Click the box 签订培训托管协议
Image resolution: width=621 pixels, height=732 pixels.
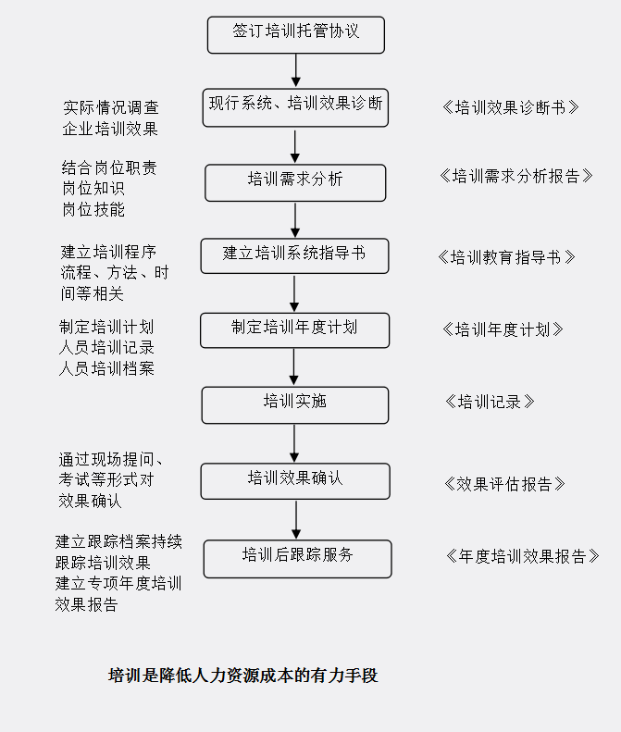tap(296, 35)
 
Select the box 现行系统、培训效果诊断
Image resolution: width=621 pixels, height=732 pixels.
tap(295, 108)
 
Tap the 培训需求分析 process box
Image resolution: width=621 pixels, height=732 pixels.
tap(295, 183)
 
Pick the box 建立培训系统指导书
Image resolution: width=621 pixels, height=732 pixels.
tap(294, 256)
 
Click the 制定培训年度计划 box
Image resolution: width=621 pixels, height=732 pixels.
tap(294, 330)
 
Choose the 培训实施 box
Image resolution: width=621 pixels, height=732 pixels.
tap(295, 405)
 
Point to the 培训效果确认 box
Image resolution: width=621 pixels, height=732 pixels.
tap(295, 481)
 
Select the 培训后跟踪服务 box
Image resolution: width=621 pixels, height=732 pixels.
tap(297, 559)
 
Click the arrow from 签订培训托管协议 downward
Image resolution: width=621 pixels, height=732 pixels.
tap(295, 70)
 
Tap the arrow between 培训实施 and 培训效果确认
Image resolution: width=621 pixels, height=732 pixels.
tap(294, 443)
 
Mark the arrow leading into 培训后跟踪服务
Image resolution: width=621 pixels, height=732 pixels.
tap(296, 519)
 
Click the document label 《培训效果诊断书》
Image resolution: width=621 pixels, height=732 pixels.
tap(510, 107)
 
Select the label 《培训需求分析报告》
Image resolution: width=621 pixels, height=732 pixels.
tap(515, 176)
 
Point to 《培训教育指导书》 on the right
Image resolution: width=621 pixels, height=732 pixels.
tap(506, 257)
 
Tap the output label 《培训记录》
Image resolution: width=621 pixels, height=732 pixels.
tap(490, 402)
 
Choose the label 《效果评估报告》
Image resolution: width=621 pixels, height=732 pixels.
tap(504, 484)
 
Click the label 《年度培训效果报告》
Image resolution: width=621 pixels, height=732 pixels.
tap(523, 556)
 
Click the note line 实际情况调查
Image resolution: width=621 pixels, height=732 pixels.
tap(111, 108)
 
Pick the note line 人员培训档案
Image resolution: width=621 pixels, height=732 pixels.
tap(106, 369)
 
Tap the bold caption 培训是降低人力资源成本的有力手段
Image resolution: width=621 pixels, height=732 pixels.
tap(242, 676)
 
